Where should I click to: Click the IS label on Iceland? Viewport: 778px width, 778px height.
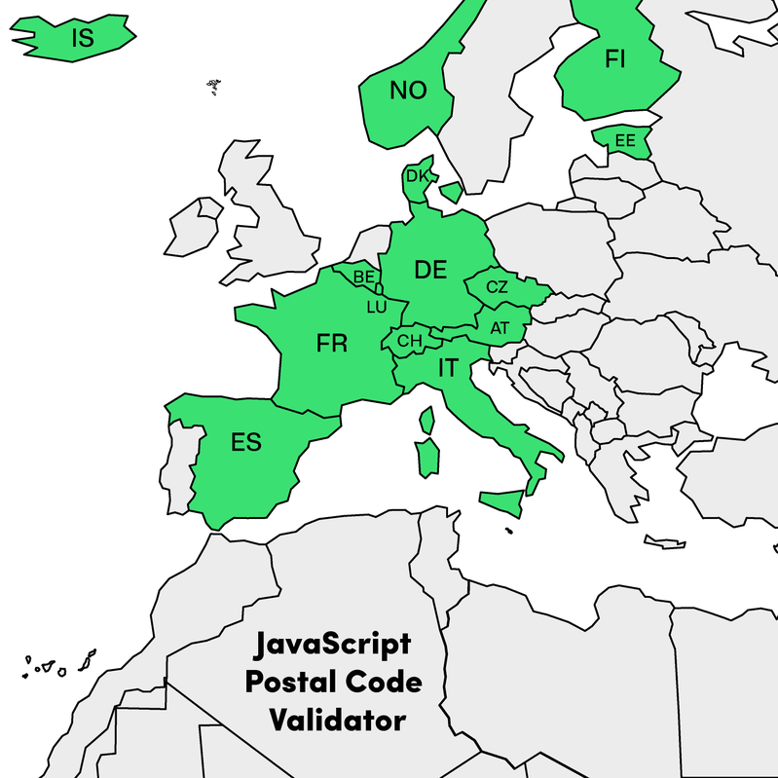tap(82, 39)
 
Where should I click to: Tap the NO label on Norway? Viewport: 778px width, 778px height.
tap(408, 91)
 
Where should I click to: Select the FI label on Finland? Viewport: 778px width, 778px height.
tap(614, 59)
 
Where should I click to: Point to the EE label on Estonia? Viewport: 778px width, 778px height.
tap(624, 141)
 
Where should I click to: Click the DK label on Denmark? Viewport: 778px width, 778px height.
tap(417, 176)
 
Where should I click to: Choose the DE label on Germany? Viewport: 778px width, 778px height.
tap(430, 270)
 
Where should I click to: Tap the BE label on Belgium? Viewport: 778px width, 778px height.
tap(364, 278)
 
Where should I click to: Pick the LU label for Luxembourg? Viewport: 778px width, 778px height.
tap(377, 307)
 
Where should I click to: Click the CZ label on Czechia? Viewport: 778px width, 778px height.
tap(497, 286)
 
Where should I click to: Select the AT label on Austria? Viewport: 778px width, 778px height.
tap(500, 328)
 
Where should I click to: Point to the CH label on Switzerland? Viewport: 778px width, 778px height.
tap(410, 342)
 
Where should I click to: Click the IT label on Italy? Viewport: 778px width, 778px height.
tap(448, 367)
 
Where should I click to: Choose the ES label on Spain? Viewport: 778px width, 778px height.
tap(246, 442)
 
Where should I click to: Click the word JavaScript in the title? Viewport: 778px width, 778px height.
tap(332, 645)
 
